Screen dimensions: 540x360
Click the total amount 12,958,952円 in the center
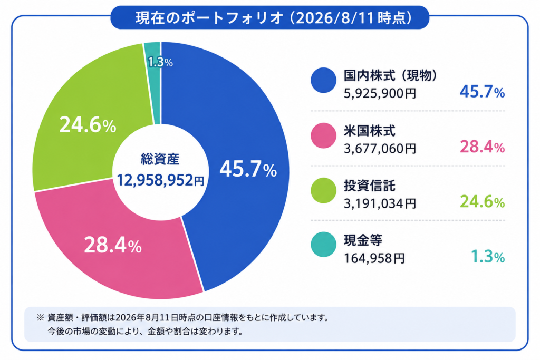160,180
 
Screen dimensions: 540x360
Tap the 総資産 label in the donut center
160,159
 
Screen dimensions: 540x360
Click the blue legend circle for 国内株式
323,80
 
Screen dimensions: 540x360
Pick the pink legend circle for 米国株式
323,135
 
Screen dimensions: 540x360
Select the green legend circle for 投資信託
323,190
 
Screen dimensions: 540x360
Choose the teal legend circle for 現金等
323,245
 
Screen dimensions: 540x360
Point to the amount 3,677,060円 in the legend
380,149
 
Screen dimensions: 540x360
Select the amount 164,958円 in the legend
374,258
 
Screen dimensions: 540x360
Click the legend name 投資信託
370,186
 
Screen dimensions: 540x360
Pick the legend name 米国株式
370,131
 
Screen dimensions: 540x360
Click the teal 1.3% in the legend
488,257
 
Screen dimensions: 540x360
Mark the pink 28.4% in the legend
483,147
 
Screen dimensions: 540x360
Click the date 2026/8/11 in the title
334,18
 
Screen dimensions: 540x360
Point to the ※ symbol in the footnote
40,317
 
